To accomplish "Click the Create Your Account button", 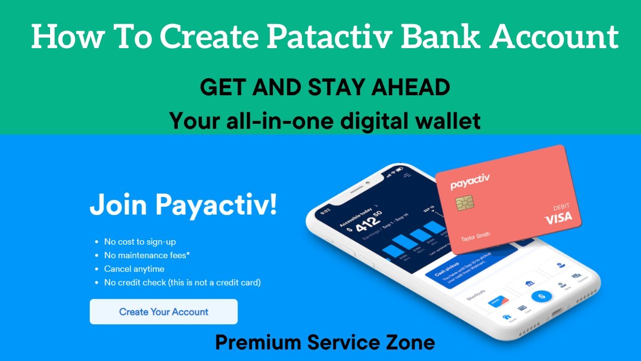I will (x=163, y=312).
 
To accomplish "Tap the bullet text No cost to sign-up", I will (x=140, y=242).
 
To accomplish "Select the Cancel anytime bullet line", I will (x=134, y=269).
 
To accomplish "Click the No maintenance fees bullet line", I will (x=147, y=255).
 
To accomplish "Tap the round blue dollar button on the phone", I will (x=541, y=297).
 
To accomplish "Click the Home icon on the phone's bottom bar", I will (x=507, y=318).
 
